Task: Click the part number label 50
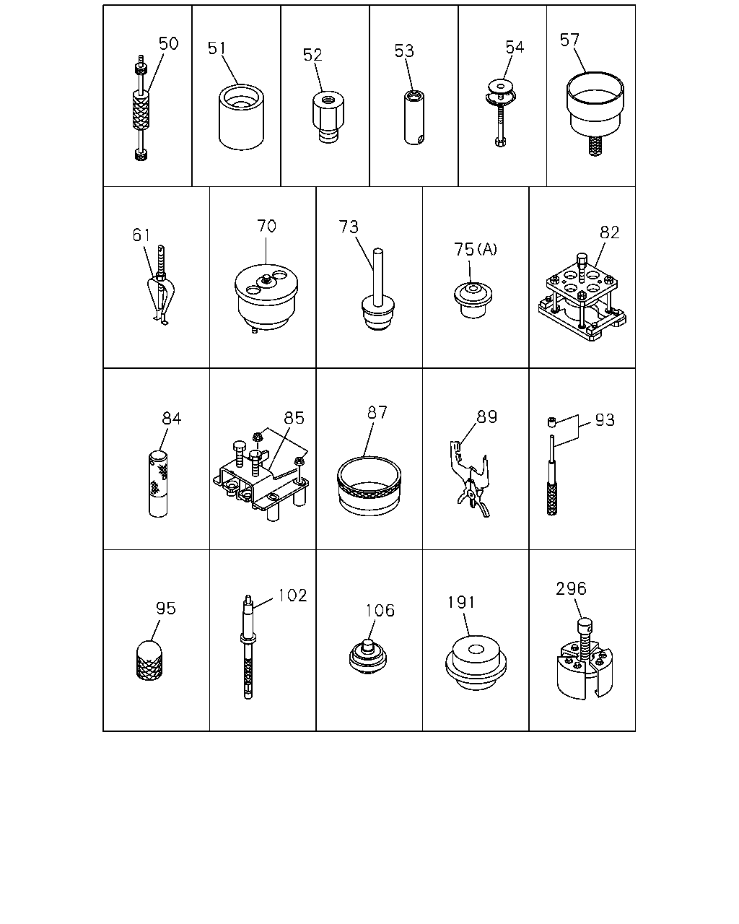(x=168, y=43)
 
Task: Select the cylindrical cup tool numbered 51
(x=241, y=117)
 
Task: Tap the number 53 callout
(x=404, y=51)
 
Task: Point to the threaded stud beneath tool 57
(x=595, y=146)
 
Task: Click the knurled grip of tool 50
(x=141, y=110)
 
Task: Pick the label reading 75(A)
(x=476, y=249)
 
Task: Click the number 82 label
(x=610, y=232)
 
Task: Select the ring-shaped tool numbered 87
(x=369, y=486)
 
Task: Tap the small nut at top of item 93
(x=552, y=422)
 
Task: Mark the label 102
(x=292, y=596)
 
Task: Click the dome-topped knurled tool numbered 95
(x=149, y=661)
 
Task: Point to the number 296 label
(x=571, y=588)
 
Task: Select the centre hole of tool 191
(x=476, y=649)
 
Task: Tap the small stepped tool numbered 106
(x=367, y=657)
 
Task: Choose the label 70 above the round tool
(x=266, y=226)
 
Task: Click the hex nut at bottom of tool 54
(x=500, y=141)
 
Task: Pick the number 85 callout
(x=294, y=418)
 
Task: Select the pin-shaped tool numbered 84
(x=158, y=484)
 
